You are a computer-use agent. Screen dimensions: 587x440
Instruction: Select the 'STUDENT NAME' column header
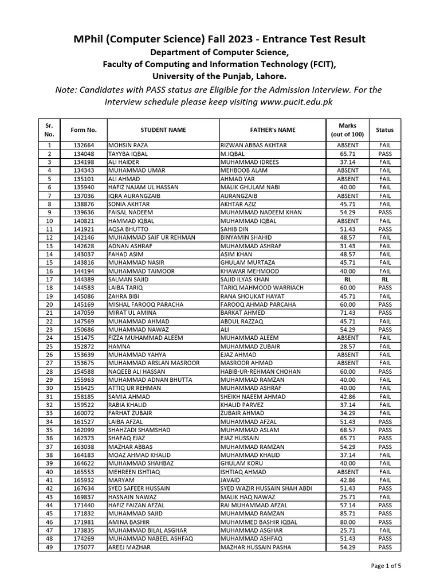tap(163, 130)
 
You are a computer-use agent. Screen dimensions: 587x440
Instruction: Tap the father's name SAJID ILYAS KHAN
tap(246, 280)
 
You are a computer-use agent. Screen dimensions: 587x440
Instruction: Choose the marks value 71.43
tap(348, 313)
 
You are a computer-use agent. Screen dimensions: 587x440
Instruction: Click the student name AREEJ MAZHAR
tap(130, 547)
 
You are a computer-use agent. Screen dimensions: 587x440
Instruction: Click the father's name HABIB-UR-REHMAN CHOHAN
tap(260, 371)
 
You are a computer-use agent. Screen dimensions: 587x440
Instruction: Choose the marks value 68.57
tap(348, 430)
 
